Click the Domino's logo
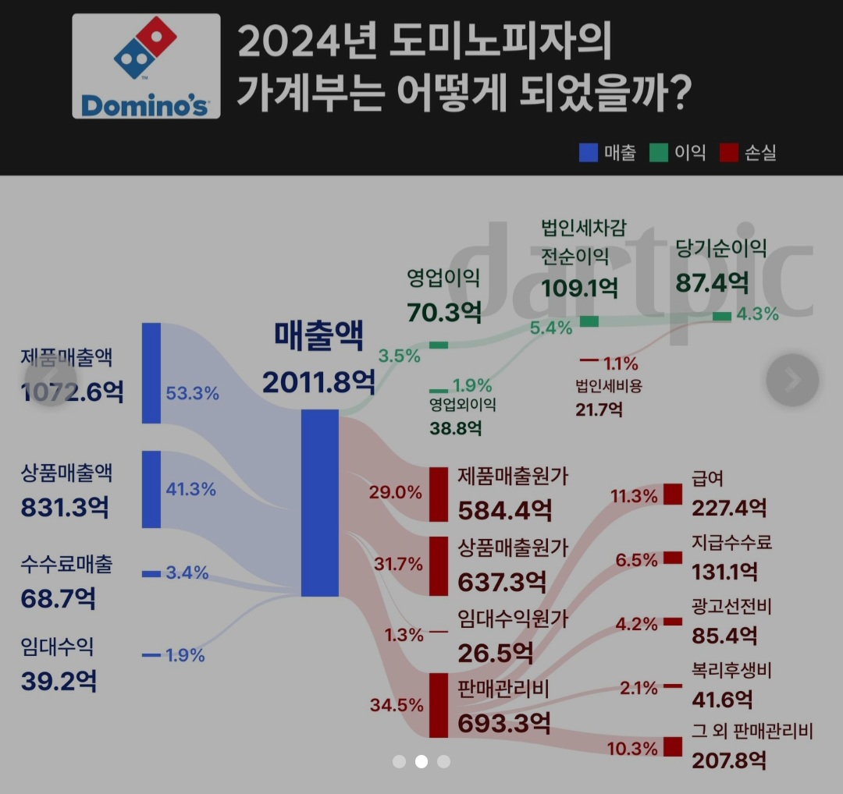click(146, 66)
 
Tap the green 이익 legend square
click(658, 152)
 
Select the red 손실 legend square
click(730, 152)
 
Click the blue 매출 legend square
click(588, 152)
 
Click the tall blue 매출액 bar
click(320, 503)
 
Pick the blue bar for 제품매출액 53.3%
click(151, 373)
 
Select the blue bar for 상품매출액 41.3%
click(151, 489)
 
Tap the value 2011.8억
click(318, 382)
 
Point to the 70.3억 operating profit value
click(444, 311)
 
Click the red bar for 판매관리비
click(439, 705)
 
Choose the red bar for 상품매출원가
click(439, 565)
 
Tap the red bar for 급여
click(672, 494)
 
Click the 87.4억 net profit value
click(712, 282)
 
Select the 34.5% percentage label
click(397, 705)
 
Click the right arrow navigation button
click(792, 380)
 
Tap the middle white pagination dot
click(421, 761)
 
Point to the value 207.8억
click(729, 760)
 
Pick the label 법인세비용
click(608, 385)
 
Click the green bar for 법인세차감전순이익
click(589, 321)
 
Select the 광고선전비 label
click(731, 606)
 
